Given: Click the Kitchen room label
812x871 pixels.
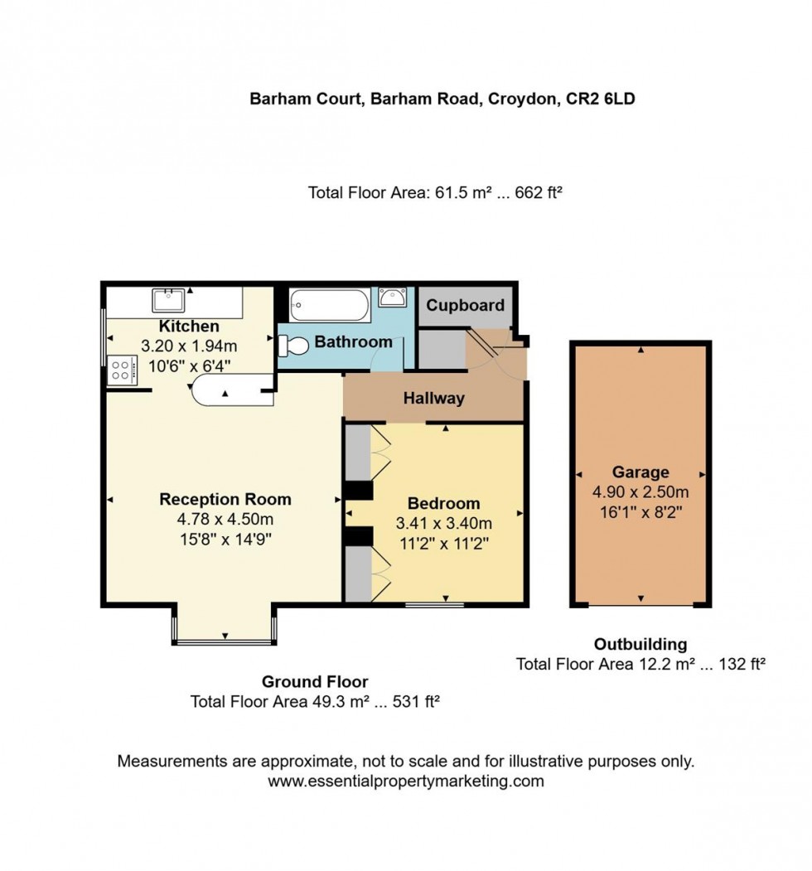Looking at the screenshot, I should coord(189,326).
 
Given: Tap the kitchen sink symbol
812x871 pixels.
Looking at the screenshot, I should coord(168,298).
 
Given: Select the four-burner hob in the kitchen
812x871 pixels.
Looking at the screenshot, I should coord(122,369).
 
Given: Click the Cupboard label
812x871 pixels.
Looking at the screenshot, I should coord(465,305).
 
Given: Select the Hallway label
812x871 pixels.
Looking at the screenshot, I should coord(433,398).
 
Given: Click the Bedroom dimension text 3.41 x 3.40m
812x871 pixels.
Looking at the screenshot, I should coord(443,524).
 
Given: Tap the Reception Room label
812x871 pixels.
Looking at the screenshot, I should coord(225,499).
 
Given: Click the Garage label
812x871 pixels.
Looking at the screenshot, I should coord(640,472).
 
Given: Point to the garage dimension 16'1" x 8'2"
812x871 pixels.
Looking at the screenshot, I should coord(640,512).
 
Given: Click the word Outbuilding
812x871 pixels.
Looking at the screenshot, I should coord(640,644).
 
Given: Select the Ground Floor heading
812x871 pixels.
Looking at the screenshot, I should coord(315,682).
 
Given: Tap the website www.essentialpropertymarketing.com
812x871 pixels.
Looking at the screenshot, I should coord(406,781).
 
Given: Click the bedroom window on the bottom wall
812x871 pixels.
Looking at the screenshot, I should coord(434,605).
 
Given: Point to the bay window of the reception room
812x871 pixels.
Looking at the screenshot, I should coord(225,641).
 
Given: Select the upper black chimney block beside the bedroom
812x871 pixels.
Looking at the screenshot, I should coord(358,491).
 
